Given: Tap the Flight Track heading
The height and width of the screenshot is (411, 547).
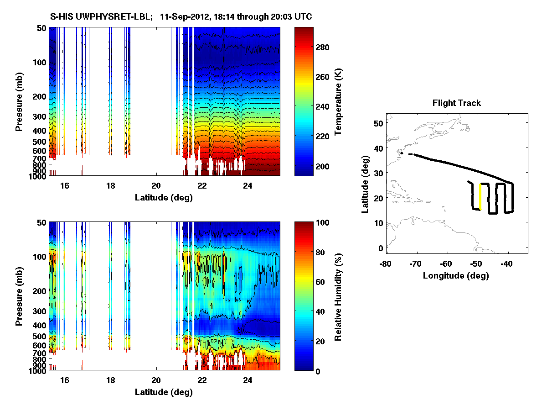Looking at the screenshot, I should (456, 104).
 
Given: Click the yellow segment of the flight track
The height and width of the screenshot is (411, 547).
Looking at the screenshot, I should (480, 196).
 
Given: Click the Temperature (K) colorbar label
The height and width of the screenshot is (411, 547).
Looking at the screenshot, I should (338, 101).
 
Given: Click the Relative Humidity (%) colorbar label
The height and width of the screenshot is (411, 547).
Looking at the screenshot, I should (338, 296).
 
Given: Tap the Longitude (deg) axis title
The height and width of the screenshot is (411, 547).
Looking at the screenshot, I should (456, 276).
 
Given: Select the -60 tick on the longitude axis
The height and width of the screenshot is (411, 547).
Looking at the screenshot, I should (447, 264).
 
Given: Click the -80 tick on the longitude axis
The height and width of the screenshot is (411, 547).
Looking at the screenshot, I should (386, 264).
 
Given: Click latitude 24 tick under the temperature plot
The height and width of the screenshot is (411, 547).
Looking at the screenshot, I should (248, 186).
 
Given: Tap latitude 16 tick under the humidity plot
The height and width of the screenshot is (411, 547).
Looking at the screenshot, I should (64, 380).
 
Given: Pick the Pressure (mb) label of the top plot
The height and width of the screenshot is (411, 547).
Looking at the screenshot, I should (19, 101).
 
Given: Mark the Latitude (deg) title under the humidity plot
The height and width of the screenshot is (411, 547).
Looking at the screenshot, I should (164, 392).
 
